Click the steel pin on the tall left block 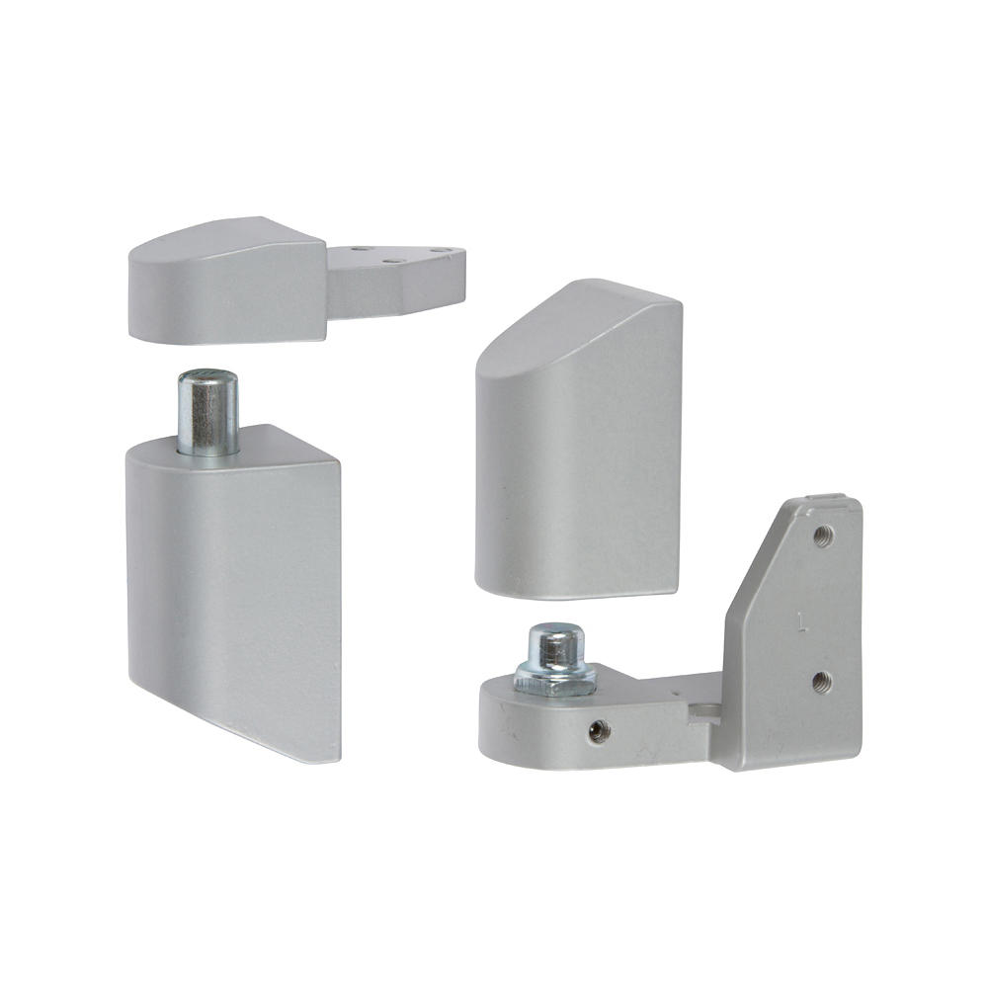tap(207, 410)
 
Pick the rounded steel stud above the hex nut tap(552, 644)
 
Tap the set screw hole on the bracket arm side tap(597, 730)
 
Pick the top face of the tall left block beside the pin tap(277, 445)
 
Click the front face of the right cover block tap(573, 474)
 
